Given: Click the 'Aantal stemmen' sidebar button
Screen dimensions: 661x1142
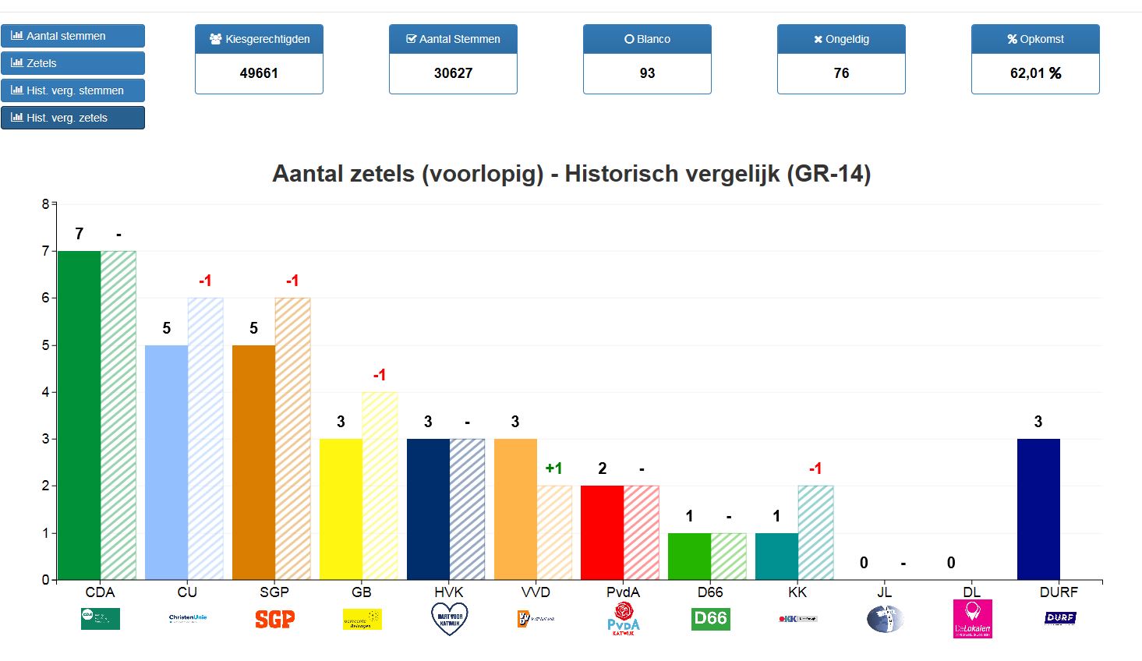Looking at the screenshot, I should pos(72,36).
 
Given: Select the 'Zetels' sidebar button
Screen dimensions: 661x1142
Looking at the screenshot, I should pos(72,63).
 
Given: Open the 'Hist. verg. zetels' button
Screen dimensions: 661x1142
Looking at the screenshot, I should pos(72,118).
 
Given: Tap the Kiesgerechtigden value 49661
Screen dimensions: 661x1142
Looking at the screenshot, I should pos(259,73).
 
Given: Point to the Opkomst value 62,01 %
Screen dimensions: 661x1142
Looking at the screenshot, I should pos(1035,73).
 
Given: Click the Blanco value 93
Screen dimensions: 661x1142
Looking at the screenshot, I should pos(647,73).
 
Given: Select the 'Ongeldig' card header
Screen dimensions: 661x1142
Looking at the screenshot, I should pos(841,39).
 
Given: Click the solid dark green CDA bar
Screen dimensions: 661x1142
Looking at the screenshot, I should pos(80,415).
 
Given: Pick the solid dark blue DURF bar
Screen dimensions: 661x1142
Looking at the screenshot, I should pos(1038,509).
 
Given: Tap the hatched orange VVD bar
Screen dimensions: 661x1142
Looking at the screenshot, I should pos(554,532).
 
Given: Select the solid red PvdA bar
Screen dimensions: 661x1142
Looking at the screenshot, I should pos(602,532).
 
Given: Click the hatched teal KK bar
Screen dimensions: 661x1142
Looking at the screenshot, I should pos(815,532).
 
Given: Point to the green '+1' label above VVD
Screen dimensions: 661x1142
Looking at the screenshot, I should pos(553,468).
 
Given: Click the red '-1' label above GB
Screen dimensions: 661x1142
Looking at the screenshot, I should pos(380,375).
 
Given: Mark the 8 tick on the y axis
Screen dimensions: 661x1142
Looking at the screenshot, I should pos(45,204).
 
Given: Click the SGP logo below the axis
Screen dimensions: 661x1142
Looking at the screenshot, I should pos(274,619).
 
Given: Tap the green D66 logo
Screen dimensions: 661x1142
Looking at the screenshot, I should pos(710,619).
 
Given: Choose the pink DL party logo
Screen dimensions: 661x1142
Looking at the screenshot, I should pos(972,619).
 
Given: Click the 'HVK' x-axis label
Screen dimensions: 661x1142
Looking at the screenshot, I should pos(448,592).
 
